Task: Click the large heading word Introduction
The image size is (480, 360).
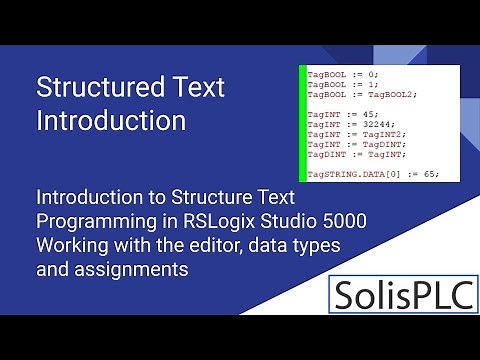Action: [x=111, y=121]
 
